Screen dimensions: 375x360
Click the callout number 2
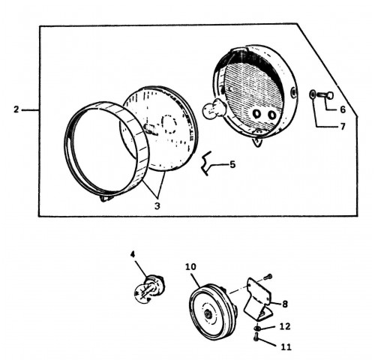coord(16,109)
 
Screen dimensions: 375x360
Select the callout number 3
coord(157,206)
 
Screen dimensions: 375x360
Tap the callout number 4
coord(133,254)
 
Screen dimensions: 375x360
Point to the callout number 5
coord(232,164)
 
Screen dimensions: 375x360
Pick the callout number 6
coord(343,109)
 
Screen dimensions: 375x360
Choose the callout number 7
coord(343,127)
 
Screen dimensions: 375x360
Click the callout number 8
coord(285,304)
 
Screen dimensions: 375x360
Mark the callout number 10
coord(190,267)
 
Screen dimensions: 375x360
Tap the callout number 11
coord(286,347)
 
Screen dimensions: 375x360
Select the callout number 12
coord(285,326)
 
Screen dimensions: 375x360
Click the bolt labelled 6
coord(325,95)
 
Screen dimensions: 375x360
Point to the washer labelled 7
coord(312,94)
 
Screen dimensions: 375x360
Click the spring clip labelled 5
coord(206,163)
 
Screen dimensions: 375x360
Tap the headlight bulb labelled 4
coord(148,289)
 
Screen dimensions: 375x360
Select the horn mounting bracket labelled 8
coord(258,298)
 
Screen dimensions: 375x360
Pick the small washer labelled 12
coord(257,328)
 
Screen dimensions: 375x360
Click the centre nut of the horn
coord(208,314)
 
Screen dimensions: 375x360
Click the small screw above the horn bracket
coord(268,277)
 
